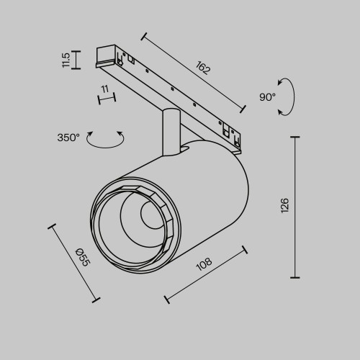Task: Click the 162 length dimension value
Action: [x=202, y=70]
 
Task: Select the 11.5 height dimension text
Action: [x=67, y=60]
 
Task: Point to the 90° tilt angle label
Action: [x=268, y=96]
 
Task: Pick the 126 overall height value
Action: [x=285, y=206]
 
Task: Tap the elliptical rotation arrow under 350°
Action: [x=105, y=140]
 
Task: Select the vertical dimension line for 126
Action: [x=295, y=206]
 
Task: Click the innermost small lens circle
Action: [x=149, y=215]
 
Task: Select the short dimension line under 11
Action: [x=106, y=98]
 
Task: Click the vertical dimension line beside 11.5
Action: [x=77, y=59]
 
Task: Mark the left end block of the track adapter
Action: [x=105, y=58]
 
